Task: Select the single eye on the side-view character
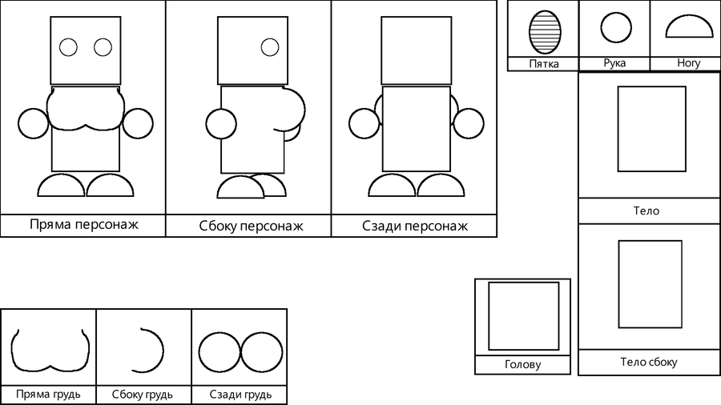point(269,47)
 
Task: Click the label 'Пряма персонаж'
point(83,225)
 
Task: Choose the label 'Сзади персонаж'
point(414,226)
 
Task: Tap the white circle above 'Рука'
point(615,28)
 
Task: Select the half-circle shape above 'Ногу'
point(688,28)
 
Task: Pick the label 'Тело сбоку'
point(648,362)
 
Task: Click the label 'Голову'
point(522,365)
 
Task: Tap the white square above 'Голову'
point(524,316)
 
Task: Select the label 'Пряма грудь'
point(48,395)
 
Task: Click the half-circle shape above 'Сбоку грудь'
point(148,351)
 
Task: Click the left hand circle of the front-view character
point(33,124)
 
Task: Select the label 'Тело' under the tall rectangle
point(646,211)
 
